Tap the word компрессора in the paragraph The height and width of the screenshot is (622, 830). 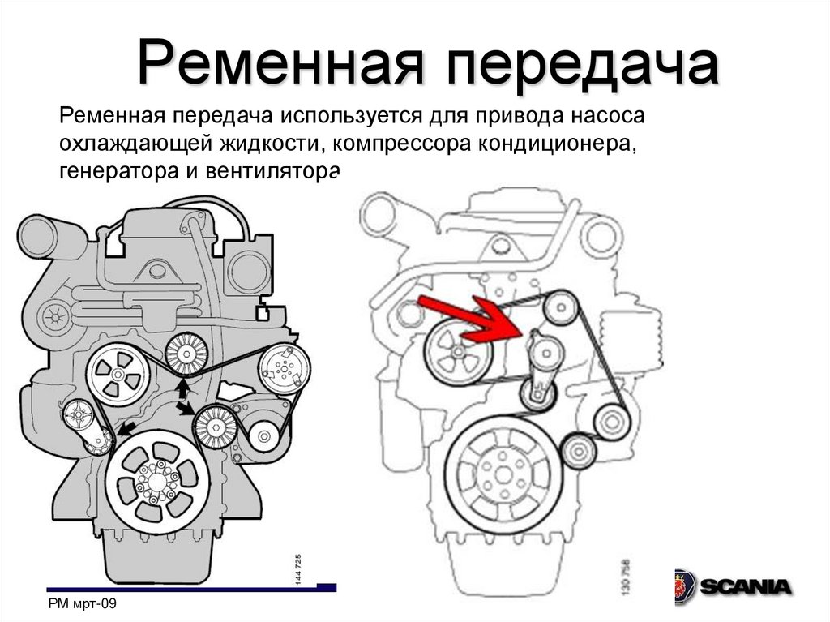pyautogui.click(x=402, y=144)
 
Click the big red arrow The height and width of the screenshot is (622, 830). pyautogui.click(x=469, y=319)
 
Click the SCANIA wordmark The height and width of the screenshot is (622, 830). pyautogui.click(x=746, y=586)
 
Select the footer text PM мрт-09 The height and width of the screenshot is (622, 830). pyautogui.click(x=82, y=603)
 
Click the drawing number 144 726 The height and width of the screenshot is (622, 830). pyautogui.click(x=298, y=570)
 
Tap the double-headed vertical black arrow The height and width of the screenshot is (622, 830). pyautogui.click(x=183, y=392)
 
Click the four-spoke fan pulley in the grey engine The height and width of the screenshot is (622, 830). pyautogui.click(x=118, y=375)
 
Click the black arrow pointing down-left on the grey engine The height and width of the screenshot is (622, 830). pyautogui.click(x=126, y=429)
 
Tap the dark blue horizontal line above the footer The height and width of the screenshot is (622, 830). pyautogui.click(x=191, y=588)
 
